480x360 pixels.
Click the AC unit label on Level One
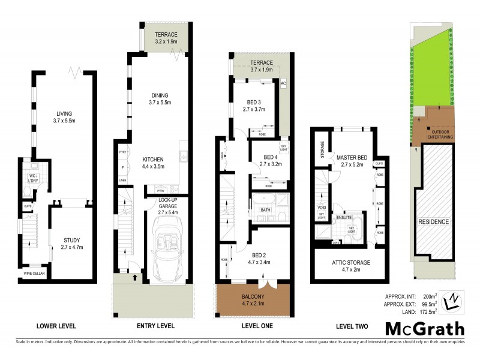click(x=284, y=83)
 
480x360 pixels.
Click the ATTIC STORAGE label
click(x=351, y=263)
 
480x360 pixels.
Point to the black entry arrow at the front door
click(x=134, y=277)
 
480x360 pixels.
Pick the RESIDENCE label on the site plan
click(x=433, y=221)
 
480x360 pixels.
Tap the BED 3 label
click(x=253, y=103)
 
